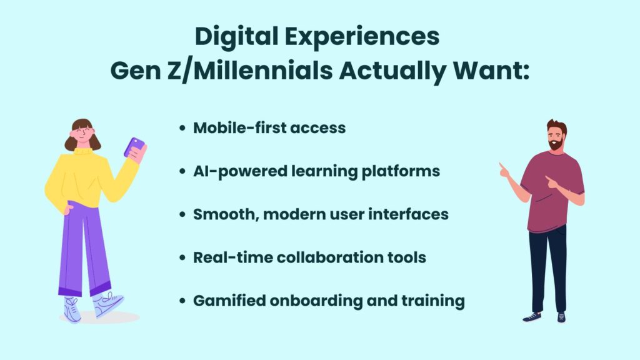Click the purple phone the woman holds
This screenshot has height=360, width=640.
coord(134,147)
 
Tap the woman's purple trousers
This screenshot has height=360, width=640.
coord(84,249)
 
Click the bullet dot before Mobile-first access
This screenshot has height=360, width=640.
coord(182,128)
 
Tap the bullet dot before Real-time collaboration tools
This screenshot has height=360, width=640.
coord(182,258)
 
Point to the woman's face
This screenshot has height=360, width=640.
coord(82,134)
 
